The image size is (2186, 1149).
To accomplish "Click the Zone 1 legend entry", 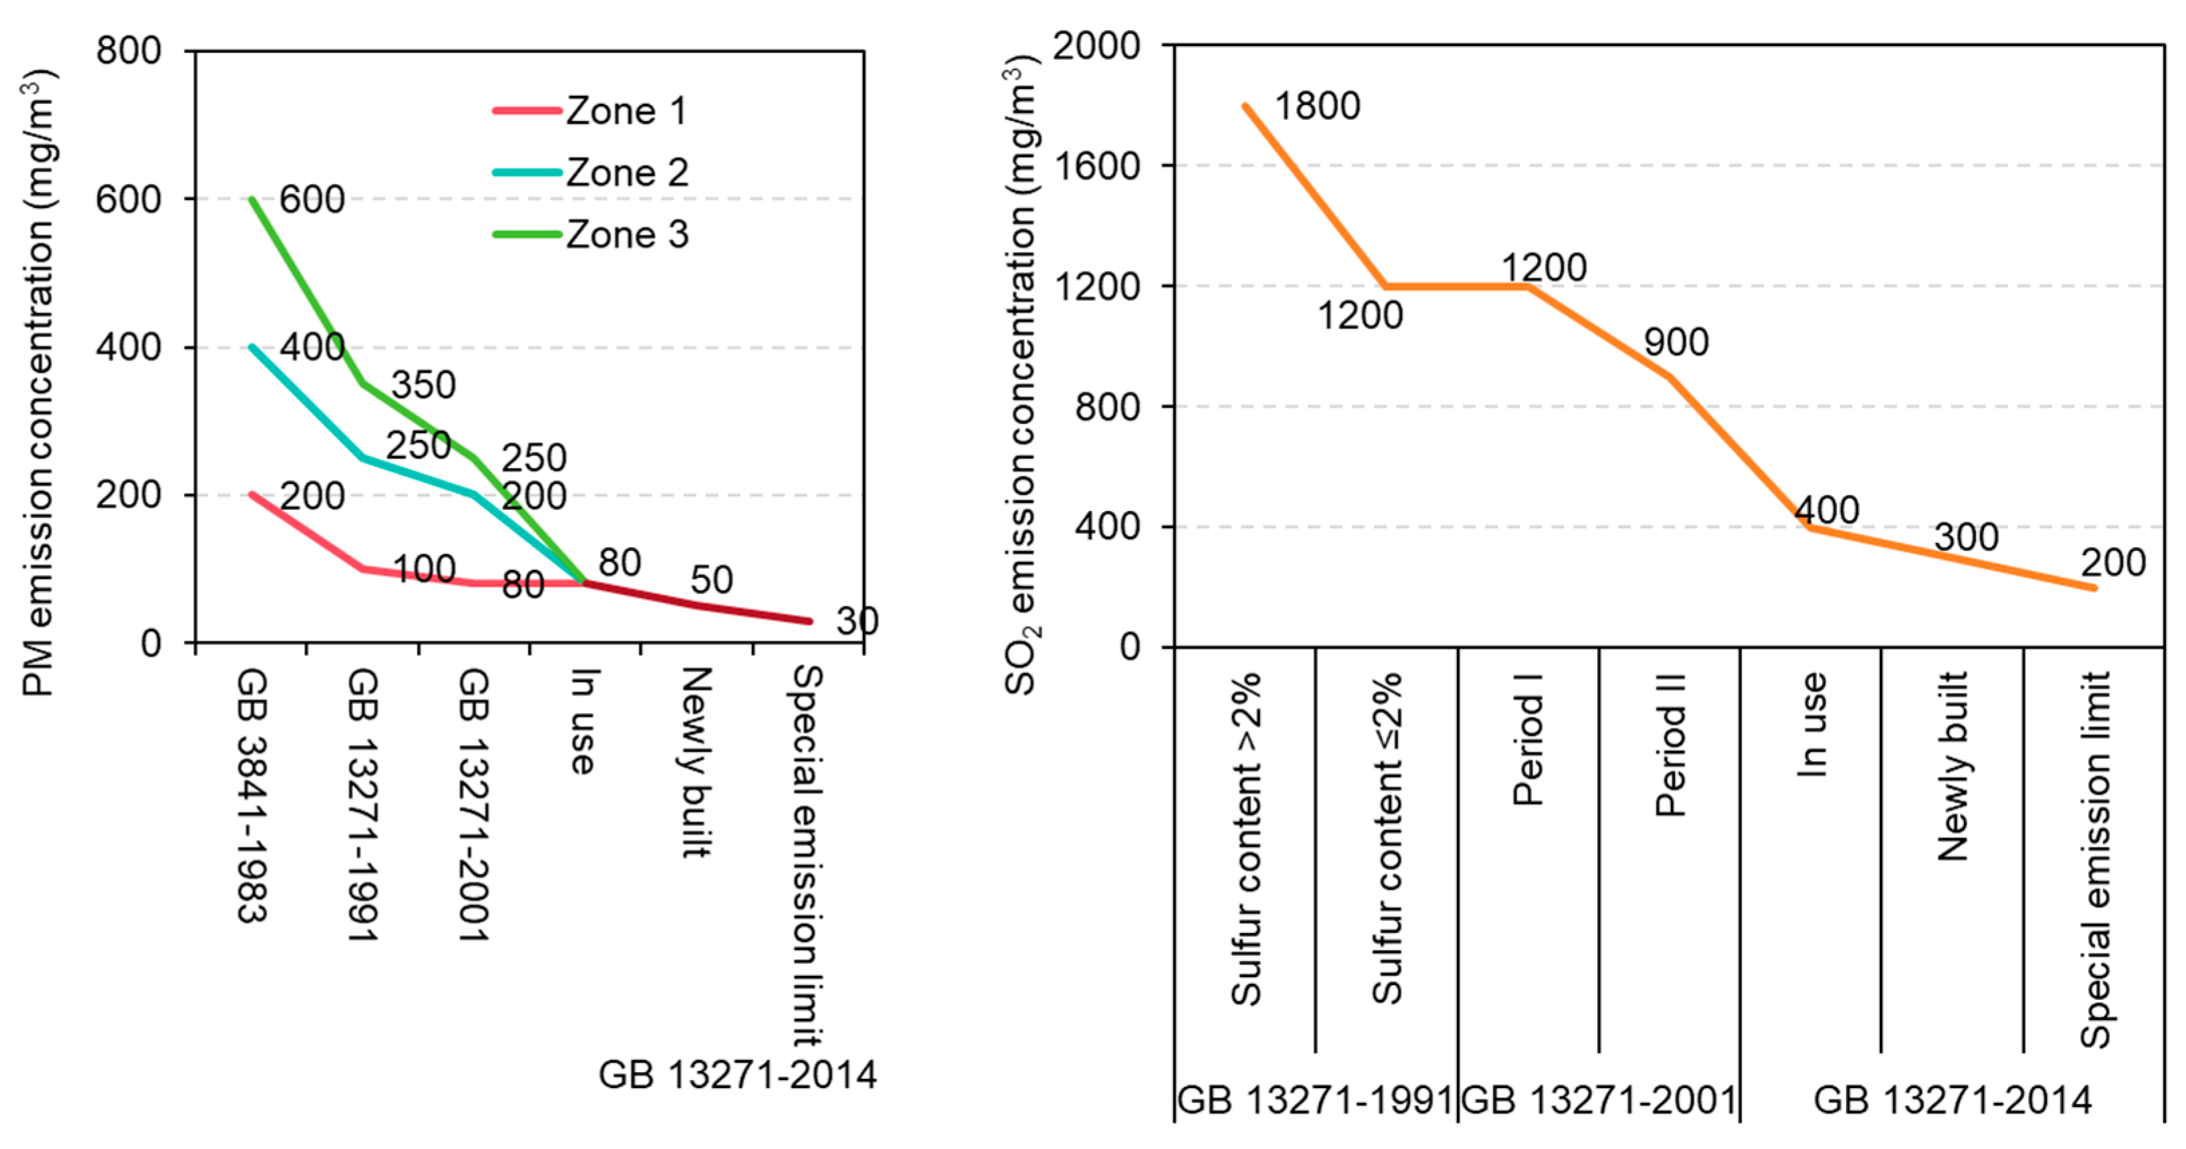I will tap(625, 111).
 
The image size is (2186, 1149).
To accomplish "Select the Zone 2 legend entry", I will tap(626, 173).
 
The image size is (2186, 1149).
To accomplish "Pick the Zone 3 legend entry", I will tap(626, 235).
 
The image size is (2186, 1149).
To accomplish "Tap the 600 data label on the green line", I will tap(312, 200).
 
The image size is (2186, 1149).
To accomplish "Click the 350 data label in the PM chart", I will tap(423, 385).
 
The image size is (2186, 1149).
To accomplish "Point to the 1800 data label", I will tap(1317, 107).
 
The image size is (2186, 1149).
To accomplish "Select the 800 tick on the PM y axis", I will tap(128, 51).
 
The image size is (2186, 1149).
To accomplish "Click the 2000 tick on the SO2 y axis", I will tap(1096, 46).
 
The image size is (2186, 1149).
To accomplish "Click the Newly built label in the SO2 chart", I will tap(1952, 766).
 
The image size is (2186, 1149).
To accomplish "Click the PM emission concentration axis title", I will tap(38, 382).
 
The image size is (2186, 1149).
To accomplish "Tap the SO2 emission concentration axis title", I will tap(1021, 373).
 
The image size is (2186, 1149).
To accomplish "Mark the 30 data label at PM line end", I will tap(856, 621).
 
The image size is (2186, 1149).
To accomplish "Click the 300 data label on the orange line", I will tap(1965, 538).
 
